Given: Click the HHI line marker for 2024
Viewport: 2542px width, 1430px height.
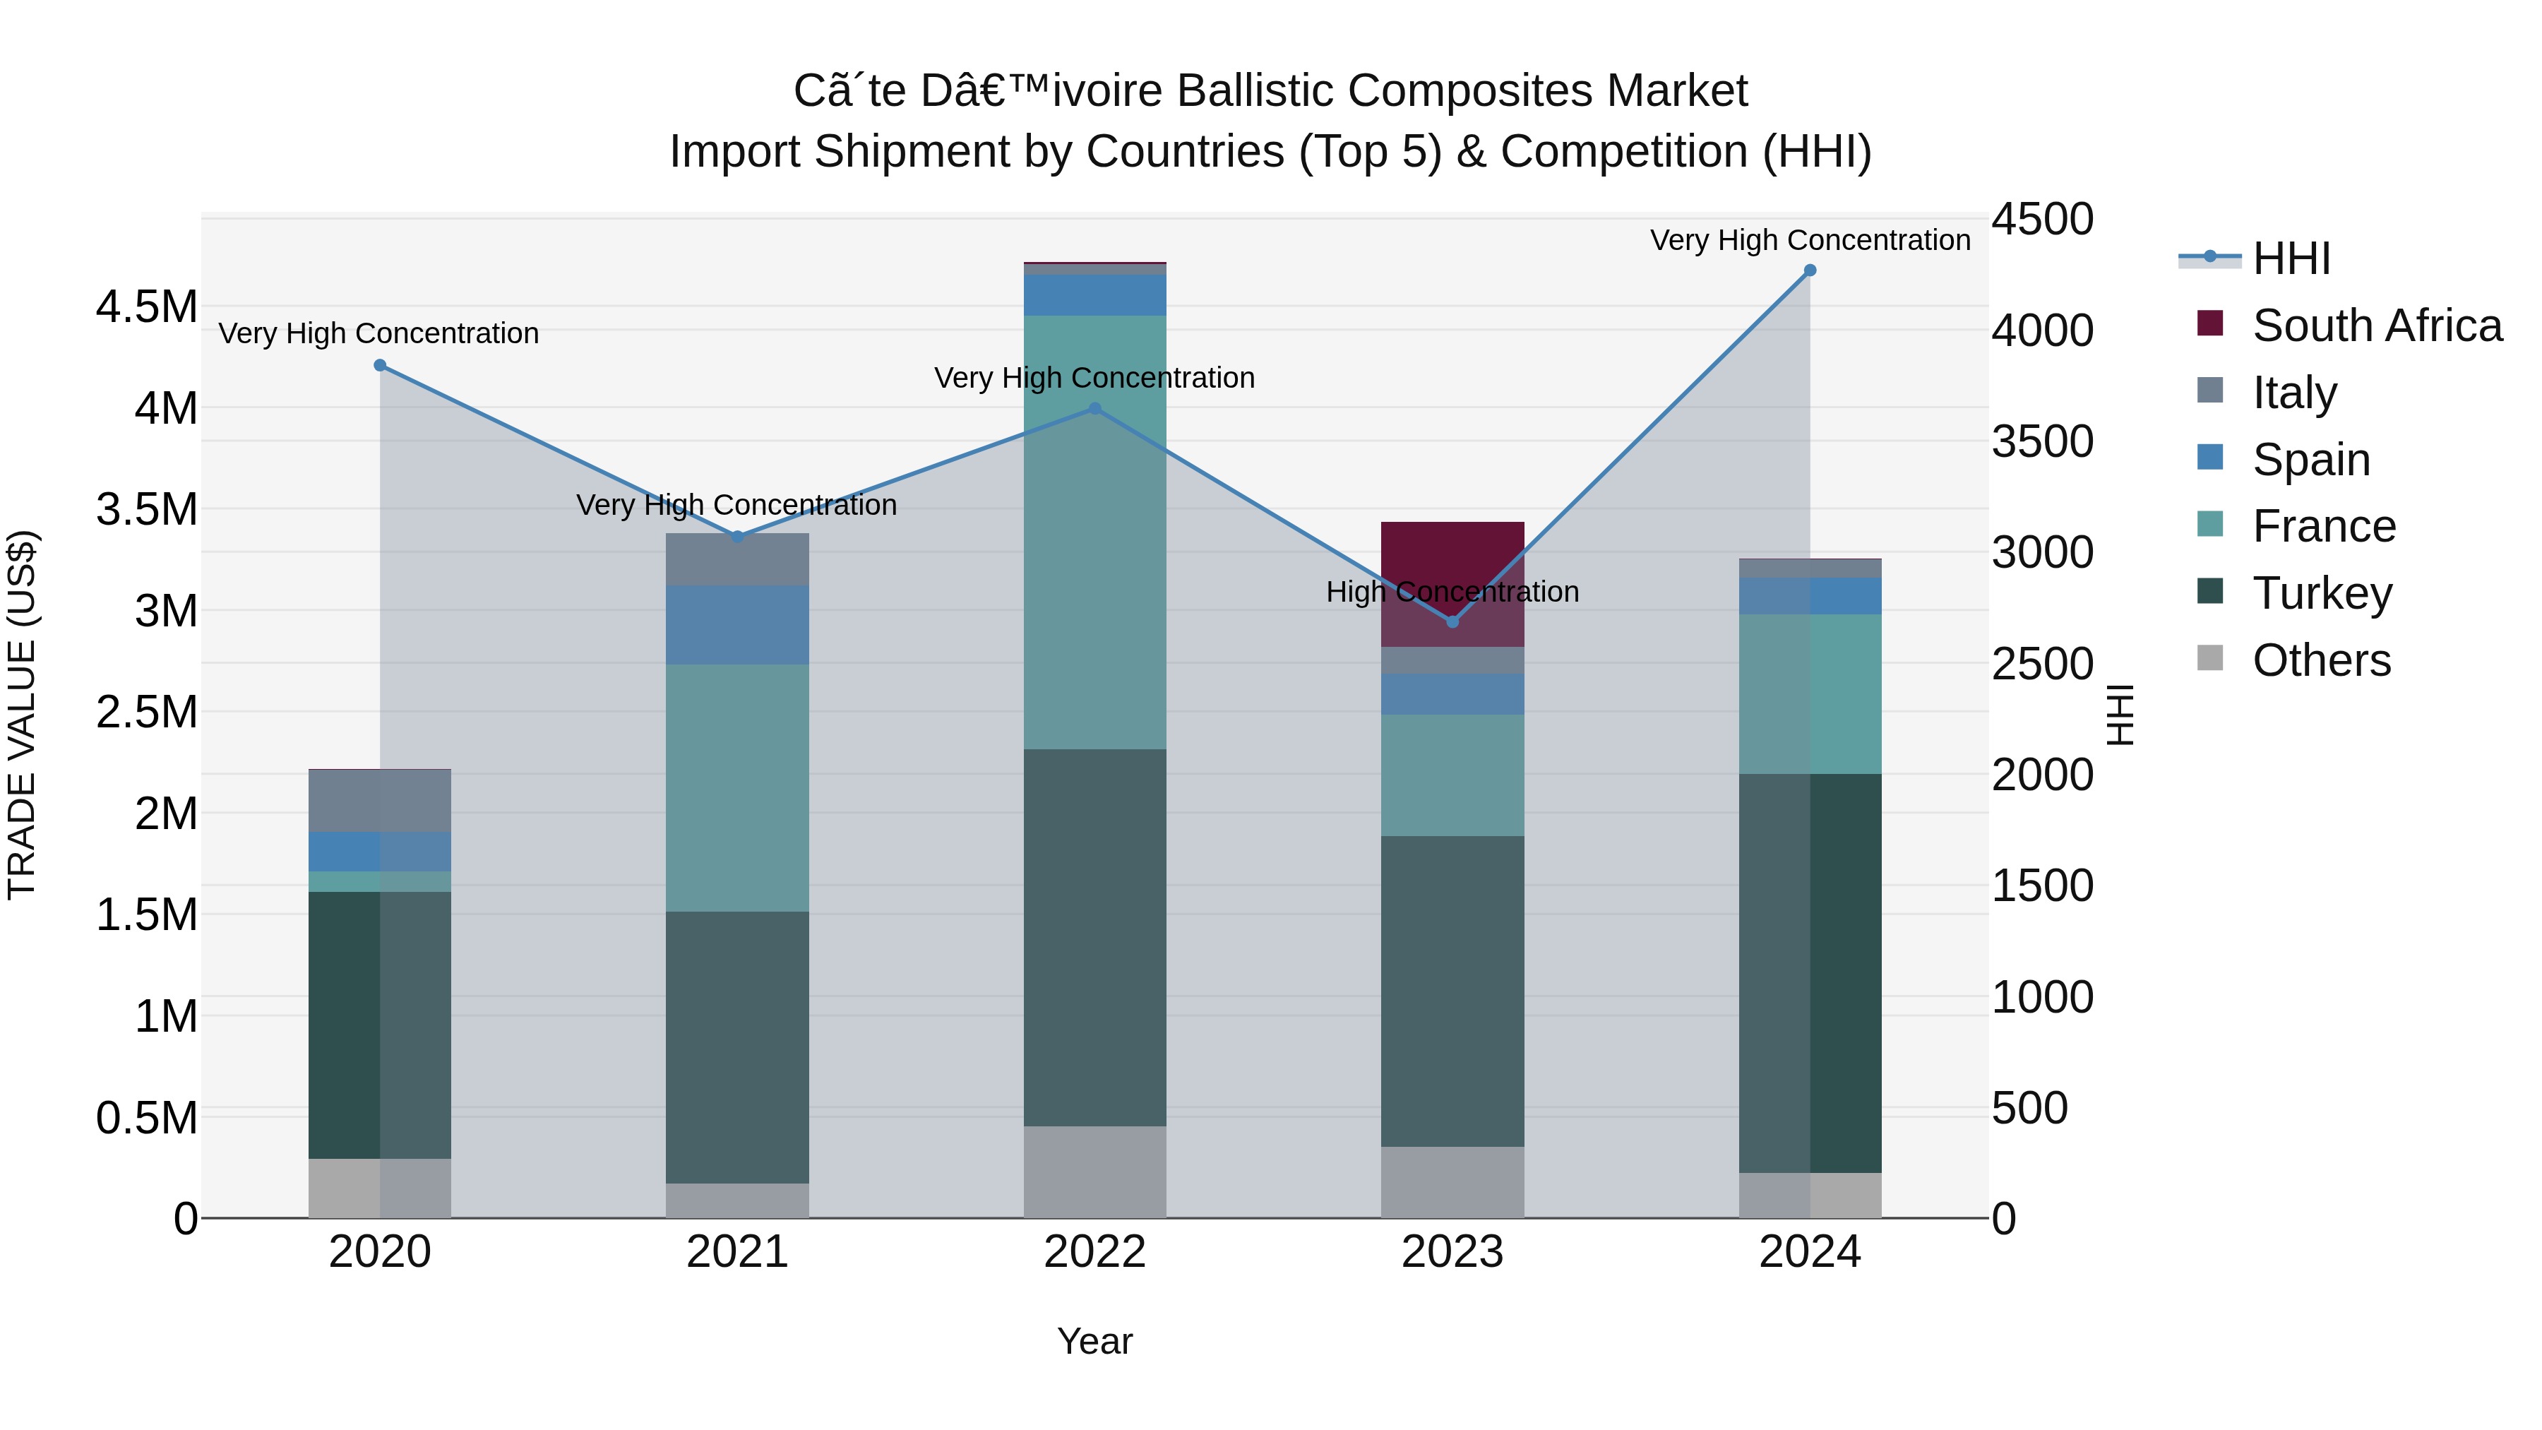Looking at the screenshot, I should pyautogui.click(x=1809, y=270).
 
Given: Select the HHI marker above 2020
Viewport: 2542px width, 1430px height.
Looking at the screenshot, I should pyautogui.click(x=380, y=365).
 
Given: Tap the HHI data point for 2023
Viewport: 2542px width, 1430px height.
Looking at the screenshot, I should pyautogui.click(x=1452, y=621).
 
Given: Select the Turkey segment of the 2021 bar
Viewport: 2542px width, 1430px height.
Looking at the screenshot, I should pyautogui.click(x=737, y=1046).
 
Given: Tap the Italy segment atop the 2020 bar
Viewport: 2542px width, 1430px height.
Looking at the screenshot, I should pyautogui.click(x=380, y=799).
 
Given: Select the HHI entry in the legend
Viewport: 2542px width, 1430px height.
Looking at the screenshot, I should pyautogui.click(x=2291, y=258).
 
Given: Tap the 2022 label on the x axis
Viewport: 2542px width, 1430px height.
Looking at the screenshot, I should pyautogui.click(x=1094, y=1252).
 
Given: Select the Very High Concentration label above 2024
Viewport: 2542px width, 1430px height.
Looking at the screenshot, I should pyautogui.click(x=1809, y=240).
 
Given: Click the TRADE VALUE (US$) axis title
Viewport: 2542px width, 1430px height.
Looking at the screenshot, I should pyautogui.click(x=22, y=715).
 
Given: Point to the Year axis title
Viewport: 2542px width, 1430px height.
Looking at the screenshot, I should pyautogui.click(x=1094, y=1341).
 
